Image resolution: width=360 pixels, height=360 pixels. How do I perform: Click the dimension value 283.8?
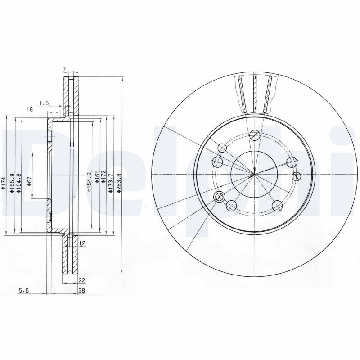click(x=119, y=184)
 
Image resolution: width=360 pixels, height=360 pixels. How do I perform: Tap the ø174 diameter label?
click(x=4, y=183)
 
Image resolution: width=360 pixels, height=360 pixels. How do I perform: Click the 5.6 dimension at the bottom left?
click(x=23, y=291)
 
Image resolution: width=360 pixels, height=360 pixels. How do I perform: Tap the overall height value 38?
click(x=81, y=291)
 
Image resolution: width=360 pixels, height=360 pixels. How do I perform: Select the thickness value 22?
click(x=81, y=280)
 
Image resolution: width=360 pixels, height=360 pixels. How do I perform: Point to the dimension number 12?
click(x=82, y=243)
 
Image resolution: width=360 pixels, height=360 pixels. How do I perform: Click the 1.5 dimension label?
click(x=44, y=103)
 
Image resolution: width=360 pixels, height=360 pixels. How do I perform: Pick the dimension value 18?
click(x=29, y=109)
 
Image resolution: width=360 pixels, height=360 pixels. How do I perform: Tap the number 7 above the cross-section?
click(x=64, y=69)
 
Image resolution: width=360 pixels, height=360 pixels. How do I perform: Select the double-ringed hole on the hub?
click(x=220, y=196)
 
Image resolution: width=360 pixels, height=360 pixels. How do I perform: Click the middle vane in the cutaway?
click(x=255, y=94)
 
